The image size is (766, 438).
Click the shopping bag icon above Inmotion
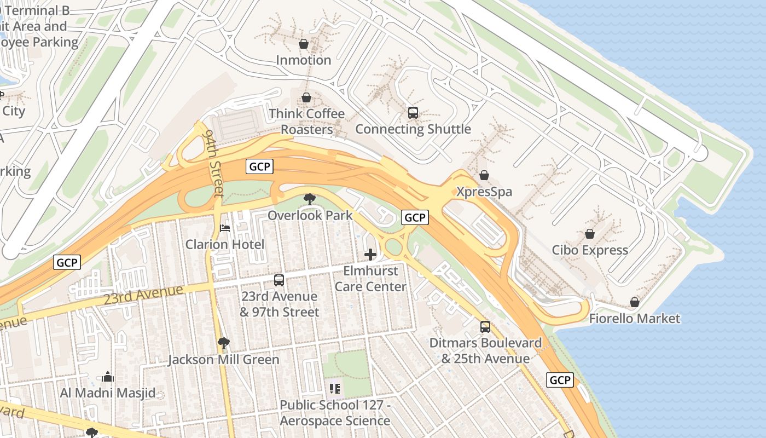pyautogui.click(x=304, y=44)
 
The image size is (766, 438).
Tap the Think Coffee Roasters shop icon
pyautogui.click(x=306, y=97)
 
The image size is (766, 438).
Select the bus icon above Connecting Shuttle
pyautogui.click(x=413, y=113)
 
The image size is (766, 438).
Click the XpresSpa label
pyautogui.click(x=484, y=192)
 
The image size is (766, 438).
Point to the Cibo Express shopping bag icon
pyautogui.click(x=590, y=234)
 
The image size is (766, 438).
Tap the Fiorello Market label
pyautogui.click(x=634, y=318)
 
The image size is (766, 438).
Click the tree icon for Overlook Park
pyautogui.click(x=310, y=199)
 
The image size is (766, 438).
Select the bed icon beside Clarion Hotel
pyautogui.click(x=224, y=228)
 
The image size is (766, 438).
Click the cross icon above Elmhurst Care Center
pyautogui.click(x=370, y=254)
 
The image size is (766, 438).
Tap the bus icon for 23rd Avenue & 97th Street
pyautogui.click(x=279, y=280)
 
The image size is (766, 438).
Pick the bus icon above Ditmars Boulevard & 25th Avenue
pyautogui.click(x=485, y=327)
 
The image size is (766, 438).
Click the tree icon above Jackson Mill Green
pyautogui.click(x=223, y=343)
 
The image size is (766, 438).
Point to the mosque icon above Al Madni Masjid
pyautogui.click(x=108, y=377)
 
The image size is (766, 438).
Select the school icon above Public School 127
pyautogui.click(x=335, y=389)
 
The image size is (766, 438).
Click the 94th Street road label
pyautogui.click(x=213, y=163)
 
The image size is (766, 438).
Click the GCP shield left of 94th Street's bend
pyautogui.click(x=259, y=166)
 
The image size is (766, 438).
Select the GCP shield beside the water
pyautogui.click(x=560, y=380)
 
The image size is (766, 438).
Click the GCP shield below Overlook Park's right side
pyautogui.click(x=414, y=217)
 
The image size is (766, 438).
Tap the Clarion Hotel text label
pyautogui.click(x=224, y=244)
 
